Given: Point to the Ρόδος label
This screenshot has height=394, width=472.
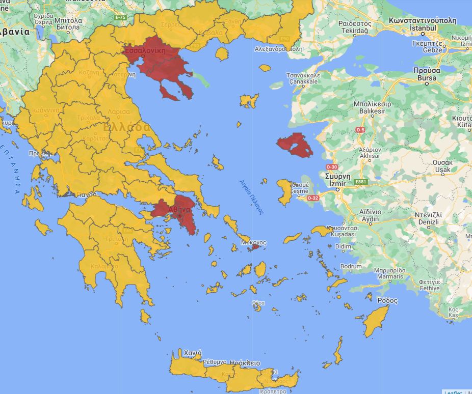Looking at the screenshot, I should (387, 300).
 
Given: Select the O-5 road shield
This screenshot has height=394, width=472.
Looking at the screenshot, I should (360, 130).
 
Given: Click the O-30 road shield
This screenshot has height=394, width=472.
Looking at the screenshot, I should (331, 167).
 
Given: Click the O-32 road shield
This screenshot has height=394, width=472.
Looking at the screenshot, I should (313, 198).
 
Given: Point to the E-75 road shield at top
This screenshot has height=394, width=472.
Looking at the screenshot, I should (120, 17).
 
